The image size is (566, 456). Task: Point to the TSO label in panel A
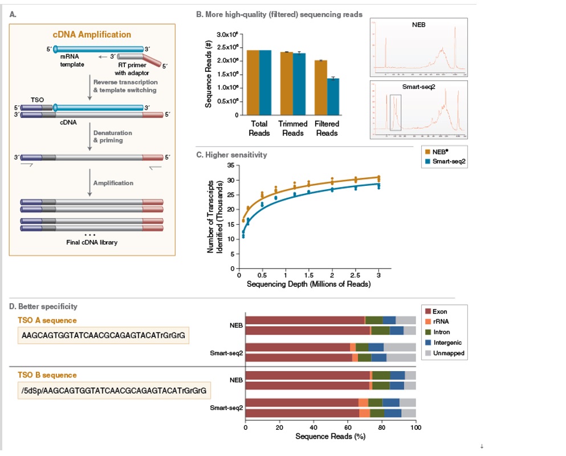pyautogui.click(x=36, y=99)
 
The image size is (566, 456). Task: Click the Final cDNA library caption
pyautogui.click(x=91, y=242)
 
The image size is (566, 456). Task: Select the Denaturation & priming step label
pyautogui.click(x=113, y=137)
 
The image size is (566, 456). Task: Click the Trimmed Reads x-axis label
pyautogui.click(x=293, y=128)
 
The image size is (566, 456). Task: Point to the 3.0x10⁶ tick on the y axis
pyautogui.click(x=225, y=34)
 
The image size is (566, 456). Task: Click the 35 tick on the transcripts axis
pyautogui.click(x=230, y=166)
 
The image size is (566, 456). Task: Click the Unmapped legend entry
pyautogui.click(x=449, y=353)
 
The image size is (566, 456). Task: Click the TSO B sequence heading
pyautogui.click(x=47, y=375)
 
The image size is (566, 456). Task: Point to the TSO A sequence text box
pyautogui.click(x=103, y=336)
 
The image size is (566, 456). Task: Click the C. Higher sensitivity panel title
pyautogui.click(x=231, y=154)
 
